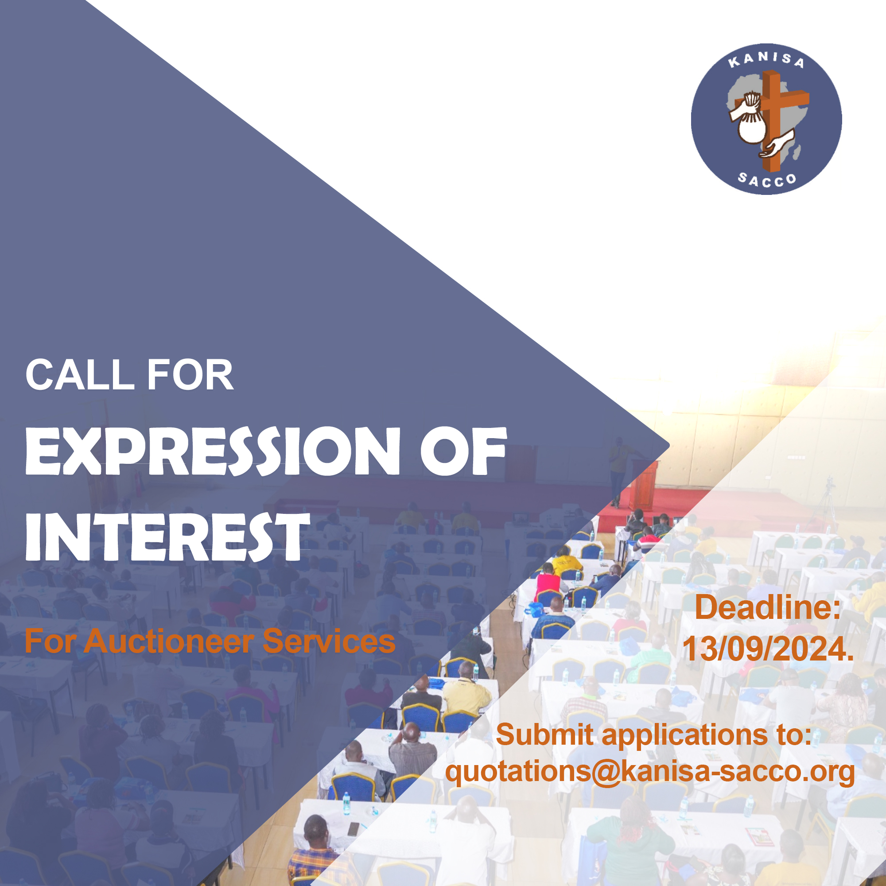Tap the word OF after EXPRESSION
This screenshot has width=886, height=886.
click(464, 451)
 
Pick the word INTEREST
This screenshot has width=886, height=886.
click(167, 536)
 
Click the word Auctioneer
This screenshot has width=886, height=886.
click(168, 641)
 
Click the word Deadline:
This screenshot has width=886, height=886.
click(768, 607)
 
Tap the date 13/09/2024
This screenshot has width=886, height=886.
click(768, 649)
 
